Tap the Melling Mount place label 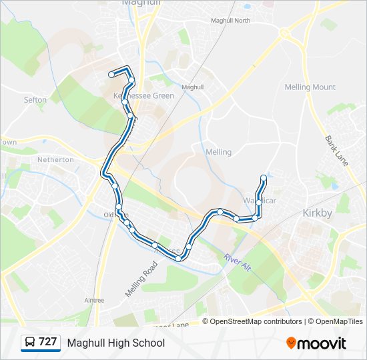[x=310, y=87]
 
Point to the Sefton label [x=35, y=100]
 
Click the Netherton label [x=55, y=160]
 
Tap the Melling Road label [x=140, y=279]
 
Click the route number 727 [x=47, y=342]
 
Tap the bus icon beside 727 [x=30, y=343]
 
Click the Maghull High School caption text [x=115, y=343]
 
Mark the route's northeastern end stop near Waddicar [x=264, y=177]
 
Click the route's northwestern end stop [x=111, y=75]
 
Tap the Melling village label [x=219, y=152]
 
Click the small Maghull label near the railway [x=192, y=87]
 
